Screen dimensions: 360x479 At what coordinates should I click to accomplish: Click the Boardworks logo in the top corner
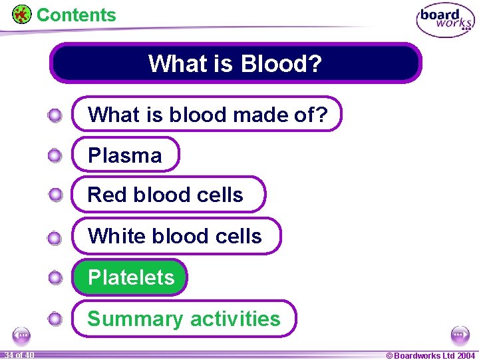point(445,21)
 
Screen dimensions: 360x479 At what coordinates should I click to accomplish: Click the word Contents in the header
point(76,15)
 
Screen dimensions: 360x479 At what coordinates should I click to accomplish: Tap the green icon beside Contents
point(22,14)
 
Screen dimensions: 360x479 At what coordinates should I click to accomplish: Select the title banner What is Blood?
point(236,63)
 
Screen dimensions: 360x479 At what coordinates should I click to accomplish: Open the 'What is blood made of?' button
point(207,115)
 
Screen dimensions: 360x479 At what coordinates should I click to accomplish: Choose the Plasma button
point(125,155)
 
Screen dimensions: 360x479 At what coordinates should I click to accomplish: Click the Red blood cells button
point(168,195)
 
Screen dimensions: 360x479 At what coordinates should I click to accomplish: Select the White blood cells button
point(176,236)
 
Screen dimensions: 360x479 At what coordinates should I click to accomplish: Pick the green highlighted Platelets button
point(130,277)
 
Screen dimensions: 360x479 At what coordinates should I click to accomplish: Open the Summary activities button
point(184,319)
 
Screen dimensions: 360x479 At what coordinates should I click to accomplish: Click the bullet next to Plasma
point(55,156)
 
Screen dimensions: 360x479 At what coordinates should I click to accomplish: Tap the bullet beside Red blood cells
point(55,195)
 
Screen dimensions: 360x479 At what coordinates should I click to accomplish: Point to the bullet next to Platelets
point(55,278)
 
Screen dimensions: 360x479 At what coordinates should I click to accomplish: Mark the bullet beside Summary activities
point(55,319)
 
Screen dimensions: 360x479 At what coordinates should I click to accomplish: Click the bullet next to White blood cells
point(55,237)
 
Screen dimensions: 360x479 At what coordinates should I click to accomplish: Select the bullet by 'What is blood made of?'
point(55,116)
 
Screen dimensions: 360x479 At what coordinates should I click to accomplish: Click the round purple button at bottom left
point(22,335)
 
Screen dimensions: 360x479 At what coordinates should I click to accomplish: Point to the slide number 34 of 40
point(18,355)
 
